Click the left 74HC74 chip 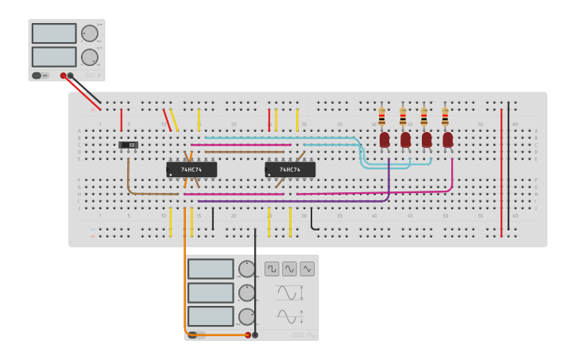pyautogui.click(x=191, y=169)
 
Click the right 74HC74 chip pyautogui.click(x=290, y=169)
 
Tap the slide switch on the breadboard pyautogui.click(x=128, y=145)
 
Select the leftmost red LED pyautogui.click(x=385, y=140)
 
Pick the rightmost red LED pyautogui.click(x=447, y=140)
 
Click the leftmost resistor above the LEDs pyautogui.click(x=381, y=117)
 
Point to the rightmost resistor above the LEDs pyautogui.click(x=445, y=117)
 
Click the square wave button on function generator pyautogui.click(x=272, y=269)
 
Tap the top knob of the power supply pyautogui.click(x=89, y=33)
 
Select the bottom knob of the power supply pyautogui.click(x=89, y=57)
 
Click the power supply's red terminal pyautogui.click(x=64, y=75)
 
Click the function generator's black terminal pyautogui.click(x=255, y=335)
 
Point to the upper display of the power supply pyautogui.click(x=54, y=33)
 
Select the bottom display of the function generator pyautogui.click(x=211, y=316)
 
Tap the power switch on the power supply pyautogui.click(x=37, y=75)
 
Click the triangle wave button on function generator pyautogui.click(x=307, y=269)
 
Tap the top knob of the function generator pyautogui.click(x=247, y=269)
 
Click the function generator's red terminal pyautogui.click(x=247, y=335)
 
